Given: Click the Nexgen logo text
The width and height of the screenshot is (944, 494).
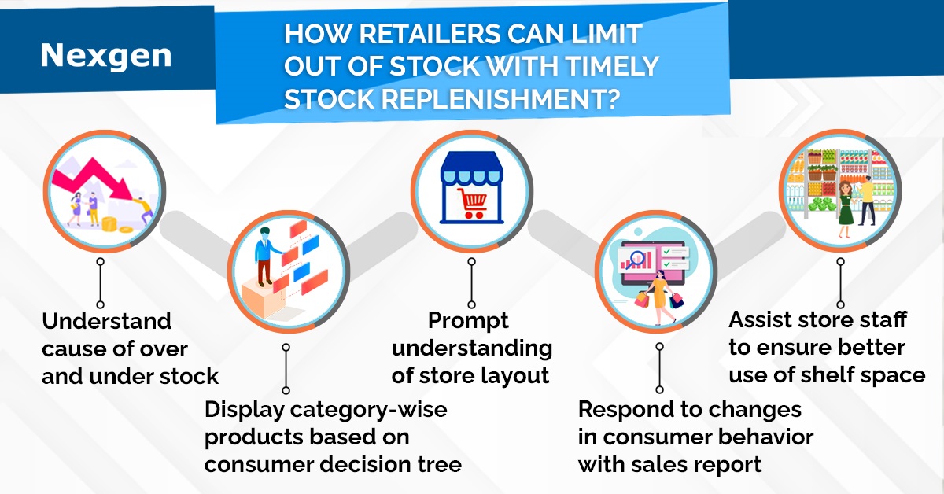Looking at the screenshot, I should (106, 54).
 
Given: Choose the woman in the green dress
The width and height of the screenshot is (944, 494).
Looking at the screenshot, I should (846, 208).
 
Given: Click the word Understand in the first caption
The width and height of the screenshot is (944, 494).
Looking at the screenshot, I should (106, 321).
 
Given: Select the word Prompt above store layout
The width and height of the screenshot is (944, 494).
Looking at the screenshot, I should (469, 321).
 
